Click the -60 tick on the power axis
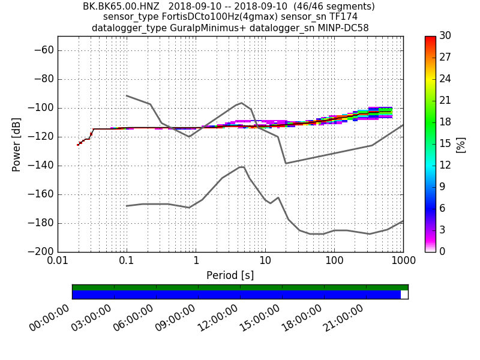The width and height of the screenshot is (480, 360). [44, 50]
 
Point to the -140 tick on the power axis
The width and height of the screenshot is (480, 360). [41, 166]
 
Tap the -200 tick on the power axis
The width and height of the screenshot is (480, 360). [41, 252]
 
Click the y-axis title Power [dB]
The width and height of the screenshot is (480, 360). [17, 144]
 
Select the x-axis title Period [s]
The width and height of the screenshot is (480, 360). [230, 275]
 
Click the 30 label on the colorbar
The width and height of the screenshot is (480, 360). [446, 36]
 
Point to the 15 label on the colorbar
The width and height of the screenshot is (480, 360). [446, 144]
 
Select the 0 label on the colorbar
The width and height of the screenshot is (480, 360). [443, 252]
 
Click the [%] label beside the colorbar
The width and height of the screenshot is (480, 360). [461, 144]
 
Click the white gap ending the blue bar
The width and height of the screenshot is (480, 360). [404, 295]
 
